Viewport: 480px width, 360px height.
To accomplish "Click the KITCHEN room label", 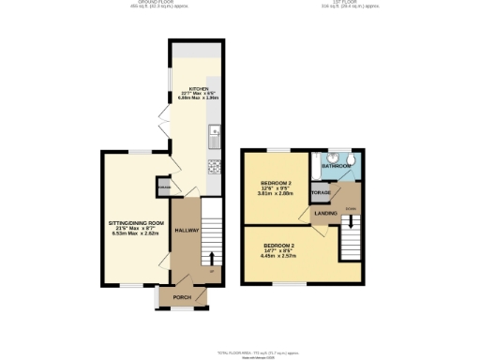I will [198, 87].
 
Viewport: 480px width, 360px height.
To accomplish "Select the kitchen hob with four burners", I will [215, 169].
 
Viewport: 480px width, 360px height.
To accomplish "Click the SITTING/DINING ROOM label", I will [135, 223].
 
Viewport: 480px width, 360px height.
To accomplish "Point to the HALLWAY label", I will [187, 231].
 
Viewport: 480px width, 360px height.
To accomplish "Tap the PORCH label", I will [182, 297].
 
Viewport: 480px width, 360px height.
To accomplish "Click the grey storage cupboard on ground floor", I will [164, 187].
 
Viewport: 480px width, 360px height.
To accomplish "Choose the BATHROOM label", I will [337, 166].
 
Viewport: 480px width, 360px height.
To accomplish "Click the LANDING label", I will [325, 213].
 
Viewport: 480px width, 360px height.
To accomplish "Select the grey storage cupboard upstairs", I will [321, 192].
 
